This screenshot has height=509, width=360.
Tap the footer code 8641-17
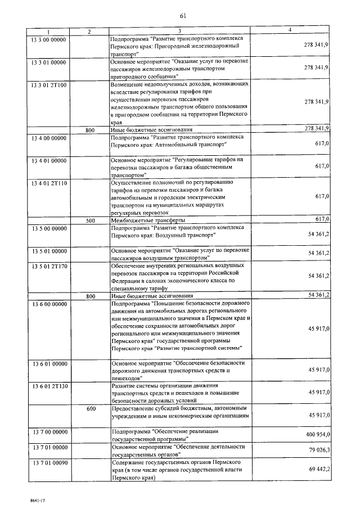[23, 499]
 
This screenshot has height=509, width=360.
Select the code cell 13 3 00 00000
[48, 38]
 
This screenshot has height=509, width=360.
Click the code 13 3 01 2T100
[49, 84]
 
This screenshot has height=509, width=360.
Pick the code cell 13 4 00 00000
[48, 136]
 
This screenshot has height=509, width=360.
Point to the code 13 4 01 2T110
[49, 183]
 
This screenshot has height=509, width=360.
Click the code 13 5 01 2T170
[49, 264]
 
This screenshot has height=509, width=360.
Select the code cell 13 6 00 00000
[48, 303]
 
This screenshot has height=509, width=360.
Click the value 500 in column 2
[90, 220]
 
